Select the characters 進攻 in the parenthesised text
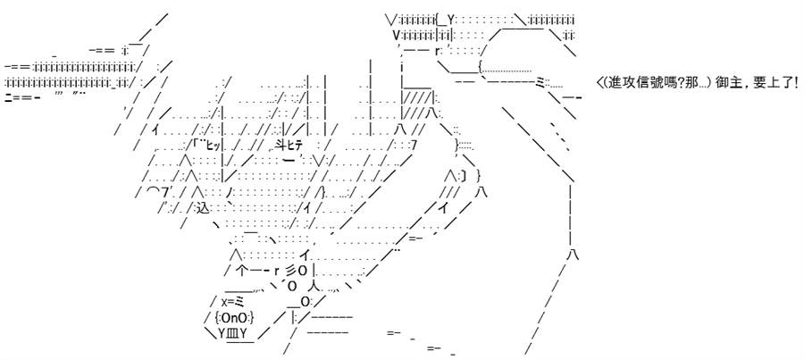622,82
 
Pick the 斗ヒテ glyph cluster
289,146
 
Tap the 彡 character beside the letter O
289,270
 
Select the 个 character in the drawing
242,270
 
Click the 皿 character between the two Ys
231,333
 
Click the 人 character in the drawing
315,286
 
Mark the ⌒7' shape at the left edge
155,193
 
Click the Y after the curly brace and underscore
451,20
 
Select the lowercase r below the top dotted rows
438,50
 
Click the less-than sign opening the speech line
600,82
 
